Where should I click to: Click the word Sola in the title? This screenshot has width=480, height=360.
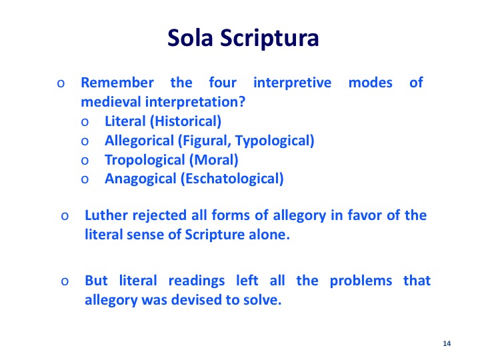click(190, 37)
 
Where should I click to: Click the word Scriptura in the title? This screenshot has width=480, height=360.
click(269, 39)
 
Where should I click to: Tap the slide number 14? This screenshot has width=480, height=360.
click(447, 343)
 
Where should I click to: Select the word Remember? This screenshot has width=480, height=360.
click(117, 83)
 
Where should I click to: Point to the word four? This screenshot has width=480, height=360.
click(223, 83)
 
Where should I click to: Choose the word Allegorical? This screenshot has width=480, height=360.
click(139, 141)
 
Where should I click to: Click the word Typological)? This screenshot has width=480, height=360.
click(275, 141)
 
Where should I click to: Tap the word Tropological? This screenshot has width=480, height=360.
click(145, 160)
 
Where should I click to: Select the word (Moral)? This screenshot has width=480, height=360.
click(214, 160)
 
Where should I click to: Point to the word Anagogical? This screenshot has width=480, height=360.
click(141, 179)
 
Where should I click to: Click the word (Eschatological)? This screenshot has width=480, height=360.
click(232, 179)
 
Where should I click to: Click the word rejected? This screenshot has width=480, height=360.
click(159, 216)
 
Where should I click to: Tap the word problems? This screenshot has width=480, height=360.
click(361, 281)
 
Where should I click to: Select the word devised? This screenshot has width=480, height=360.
click(197, 300)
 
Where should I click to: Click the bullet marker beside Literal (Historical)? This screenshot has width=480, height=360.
click(85, 123)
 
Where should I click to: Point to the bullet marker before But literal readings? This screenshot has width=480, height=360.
click(65, 281)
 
